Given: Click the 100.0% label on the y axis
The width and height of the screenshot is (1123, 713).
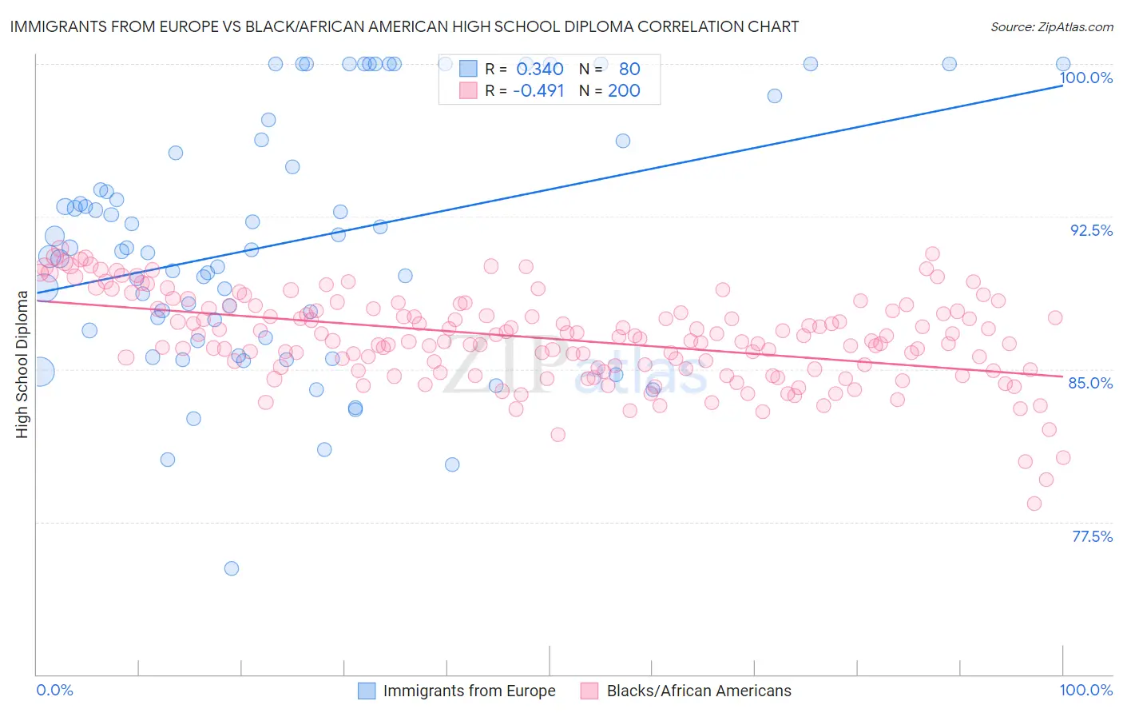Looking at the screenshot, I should pyautogui.click(x=1085, y=78).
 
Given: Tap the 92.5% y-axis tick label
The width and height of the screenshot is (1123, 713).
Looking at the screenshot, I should pyautogui.click(x=1091, y=230).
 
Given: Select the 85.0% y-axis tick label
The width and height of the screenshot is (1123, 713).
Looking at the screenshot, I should pyautogui.click(x=1090, y=383).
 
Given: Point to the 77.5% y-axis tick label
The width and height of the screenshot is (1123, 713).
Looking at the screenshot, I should pyautogui.click(x=1092, y=536).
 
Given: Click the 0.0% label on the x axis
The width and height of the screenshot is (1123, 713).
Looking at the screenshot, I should pyautogui.click(x=54, y=690).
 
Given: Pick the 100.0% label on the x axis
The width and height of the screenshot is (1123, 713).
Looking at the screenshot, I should pyautogui.click(x=1085, y=690).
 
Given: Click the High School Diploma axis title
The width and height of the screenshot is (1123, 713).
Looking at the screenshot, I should pyautogui.click(x=22, y=364).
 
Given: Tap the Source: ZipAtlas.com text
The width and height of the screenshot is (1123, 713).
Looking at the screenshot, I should pyautogui.click(x=1051, y=27).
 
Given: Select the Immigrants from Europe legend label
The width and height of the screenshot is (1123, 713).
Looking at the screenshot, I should pyautogui.click(x=469, y=691).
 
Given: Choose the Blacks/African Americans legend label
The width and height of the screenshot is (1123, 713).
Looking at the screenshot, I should pyautogui.click(x=699, y=691).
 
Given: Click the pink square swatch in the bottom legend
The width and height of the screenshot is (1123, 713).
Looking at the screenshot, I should pyautogui.click(x=589, y=691).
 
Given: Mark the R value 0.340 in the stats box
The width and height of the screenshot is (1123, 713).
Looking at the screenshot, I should pyautogui.click(x=540, y=69).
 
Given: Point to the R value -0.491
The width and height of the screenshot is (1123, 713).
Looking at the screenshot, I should pyautogui.click(x=538, y=90).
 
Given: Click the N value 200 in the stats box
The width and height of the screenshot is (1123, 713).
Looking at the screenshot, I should pyautogui.click(x=624, y=90).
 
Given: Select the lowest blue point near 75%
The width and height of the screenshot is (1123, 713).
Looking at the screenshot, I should pyautogui.click(x=232, y=568).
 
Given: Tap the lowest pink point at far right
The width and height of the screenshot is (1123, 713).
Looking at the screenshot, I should pyautogui.click(x=1034, y=504).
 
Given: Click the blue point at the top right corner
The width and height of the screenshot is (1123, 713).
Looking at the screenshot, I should pyautogui.click(x=1063, y=64).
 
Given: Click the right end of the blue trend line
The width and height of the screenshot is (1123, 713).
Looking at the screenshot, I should pyautogui.click(x=1062, y=85).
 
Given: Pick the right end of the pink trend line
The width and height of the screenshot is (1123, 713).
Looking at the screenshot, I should pyautogui.click(x=1062, y=376).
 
